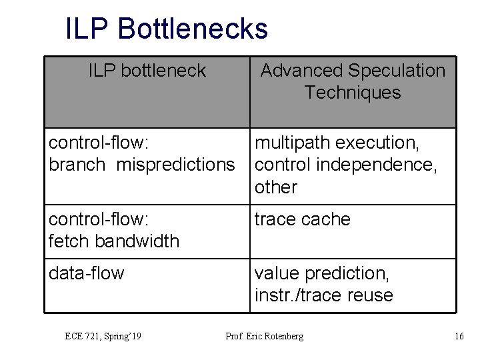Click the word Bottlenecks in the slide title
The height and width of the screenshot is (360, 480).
tap(193, 29)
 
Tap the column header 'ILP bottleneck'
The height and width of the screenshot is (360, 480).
tap(147, 71)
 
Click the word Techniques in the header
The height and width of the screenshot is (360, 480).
tap(353, 93)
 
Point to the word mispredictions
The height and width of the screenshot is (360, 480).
tap(176, 165)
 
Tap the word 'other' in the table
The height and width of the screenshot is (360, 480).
tap(276, 187)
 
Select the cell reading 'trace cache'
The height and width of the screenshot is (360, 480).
tap(303, 219)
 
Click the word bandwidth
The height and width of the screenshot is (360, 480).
tap(139, 241)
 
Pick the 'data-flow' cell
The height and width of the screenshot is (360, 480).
tap(87, 273)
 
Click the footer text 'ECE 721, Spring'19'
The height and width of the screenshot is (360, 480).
tap(103, 337)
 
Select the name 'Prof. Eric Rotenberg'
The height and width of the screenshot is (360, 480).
tap(265, 337)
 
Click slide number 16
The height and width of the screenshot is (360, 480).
tap(459, 337)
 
